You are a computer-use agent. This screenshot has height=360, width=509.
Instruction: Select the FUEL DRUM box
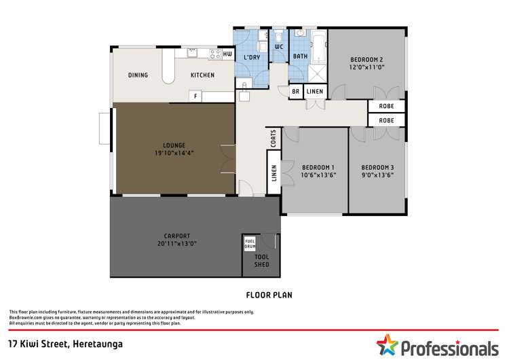pyautogui.click(x=249, y=243)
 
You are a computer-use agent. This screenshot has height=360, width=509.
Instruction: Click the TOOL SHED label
pyautogui.click(x=261, y=261)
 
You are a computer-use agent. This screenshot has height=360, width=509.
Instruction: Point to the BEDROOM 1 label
pyautogui.click(x=318, y=170)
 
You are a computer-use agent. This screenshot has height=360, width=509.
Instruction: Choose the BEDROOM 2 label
pyautogui.click(x=367, y=62)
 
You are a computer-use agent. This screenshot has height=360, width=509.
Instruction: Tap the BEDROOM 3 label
pyautogui.click(x=377, y=170)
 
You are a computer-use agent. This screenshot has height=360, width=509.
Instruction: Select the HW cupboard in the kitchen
pyautogui.click(x=227, y=54)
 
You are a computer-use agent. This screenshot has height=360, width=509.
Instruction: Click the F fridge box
pyautogui.click(x=195, y=96)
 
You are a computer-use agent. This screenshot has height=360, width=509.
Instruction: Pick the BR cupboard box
pyautogui.click(x=295, y=92)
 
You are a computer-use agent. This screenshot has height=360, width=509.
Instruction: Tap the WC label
pyautogui.click(x=279, y=47)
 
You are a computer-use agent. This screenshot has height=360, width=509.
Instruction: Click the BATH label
pyautogui.click(x=300, y=56)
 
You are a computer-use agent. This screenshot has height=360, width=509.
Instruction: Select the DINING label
pyautogui.click(x=138, y=75)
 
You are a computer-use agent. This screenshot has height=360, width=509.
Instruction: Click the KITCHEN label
pyautogui.click(x=202, y=75)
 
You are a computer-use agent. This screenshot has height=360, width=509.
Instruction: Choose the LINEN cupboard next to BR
pyautogui.click(x=314, y=92)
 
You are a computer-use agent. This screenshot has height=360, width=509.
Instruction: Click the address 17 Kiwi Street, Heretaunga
pyautogui.click(x=65, y=344)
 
